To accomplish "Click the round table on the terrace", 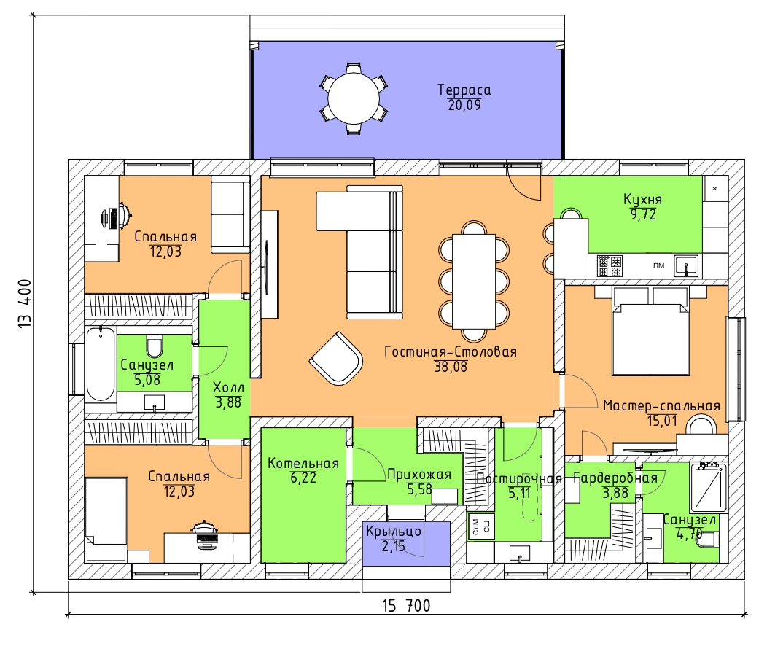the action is (353, 98).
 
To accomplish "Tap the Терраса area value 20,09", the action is (464, 105).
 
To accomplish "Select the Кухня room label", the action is (642, 200).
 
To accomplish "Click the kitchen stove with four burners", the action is (610, 265).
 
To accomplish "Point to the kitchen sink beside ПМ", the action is (686, 265).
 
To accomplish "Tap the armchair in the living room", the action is (335, 359).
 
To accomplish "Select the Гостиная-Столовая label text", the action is (451, 352).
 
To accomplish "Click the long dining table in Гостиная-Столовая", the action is (474, 281).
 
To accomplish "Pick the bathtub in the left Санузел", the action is (101, 364).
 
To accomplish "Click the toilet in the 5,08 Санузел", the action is (155, 346).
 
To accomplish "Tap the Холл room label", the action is (228, 387).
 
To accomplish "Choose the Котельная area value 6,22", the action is (303, 478).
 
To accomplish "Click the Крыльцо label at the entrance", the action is (394, 532).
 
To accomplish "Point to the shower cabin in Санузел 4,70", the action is (708, 487).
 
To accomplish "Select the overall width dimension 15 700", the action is (406, 605).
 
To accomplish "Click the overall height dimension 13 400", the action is (25, 303).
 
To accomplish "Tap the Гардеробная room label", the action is (615, 478).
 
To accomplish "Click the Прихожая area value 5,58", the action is (419, 489).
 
